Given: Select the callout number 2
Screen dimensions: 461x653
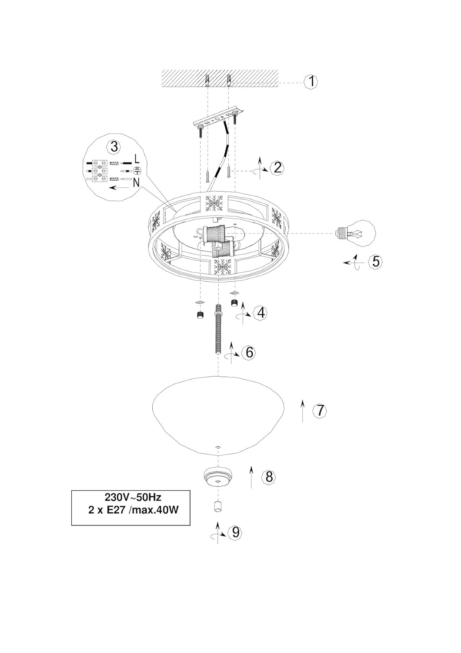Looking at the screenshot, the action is coord(277,168).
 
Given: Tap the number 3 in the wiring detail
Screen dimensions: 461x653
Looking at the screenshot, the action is coord(114,147).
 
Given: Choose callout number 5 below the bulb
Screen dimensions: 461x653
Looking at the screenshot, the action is coord(376,262).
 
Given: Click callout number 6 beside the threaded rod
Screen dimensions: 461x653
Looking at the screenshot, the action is coord(249,352).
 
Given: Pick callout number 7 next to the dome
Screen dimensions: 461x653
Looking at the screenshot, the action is coord(320,411).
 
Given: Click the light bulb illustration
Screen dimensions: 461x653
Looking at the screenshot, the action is coord(356,233).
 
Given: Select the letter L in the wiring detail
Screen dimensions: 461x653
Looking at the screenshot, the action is coord(137,159).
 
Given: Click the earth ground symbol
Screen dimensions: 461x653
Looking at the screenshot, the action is coord(137,171).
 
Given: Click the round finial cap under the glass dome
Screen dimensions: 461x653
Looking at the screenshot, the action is coord(218,478).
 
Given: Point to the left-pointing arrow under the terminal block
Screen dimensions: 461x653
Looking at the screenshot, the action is coord(120,188).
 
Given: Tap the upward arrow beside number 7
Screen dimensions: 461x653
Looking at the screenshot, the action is coord(303,411).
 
